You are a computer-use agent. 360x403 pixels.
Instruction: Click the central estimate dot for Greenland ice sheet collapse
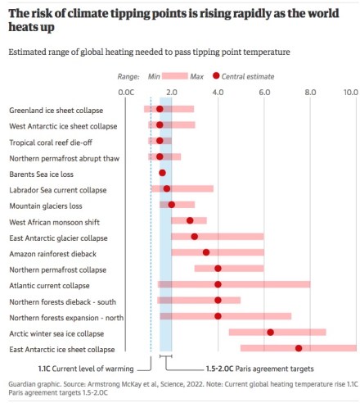tap(160, 109)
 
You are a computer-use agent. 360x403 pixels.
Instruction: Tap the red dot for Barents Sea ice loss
tap(162, 173)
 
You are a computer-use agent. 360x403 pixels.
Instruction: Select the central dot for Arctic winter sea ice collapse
tap(271, 333)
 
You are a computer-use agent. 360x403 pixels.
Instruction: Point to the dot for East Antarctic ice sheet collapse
tap(299, 349)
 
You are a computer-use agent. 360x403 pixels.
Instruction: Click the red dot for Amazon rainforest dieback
tap(206, 252)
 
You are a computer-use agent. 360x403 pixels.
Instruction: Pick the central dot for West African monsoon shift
tap(190, 220)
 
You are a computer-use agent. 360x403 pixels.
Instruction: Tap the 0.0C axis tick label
tap(125, 93)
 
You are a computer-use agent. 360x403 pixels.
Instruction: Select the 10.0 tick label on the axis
tap(350, 93)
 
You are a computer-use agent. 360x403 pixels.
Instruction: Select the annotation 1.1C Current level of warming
tap(86, 368)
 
